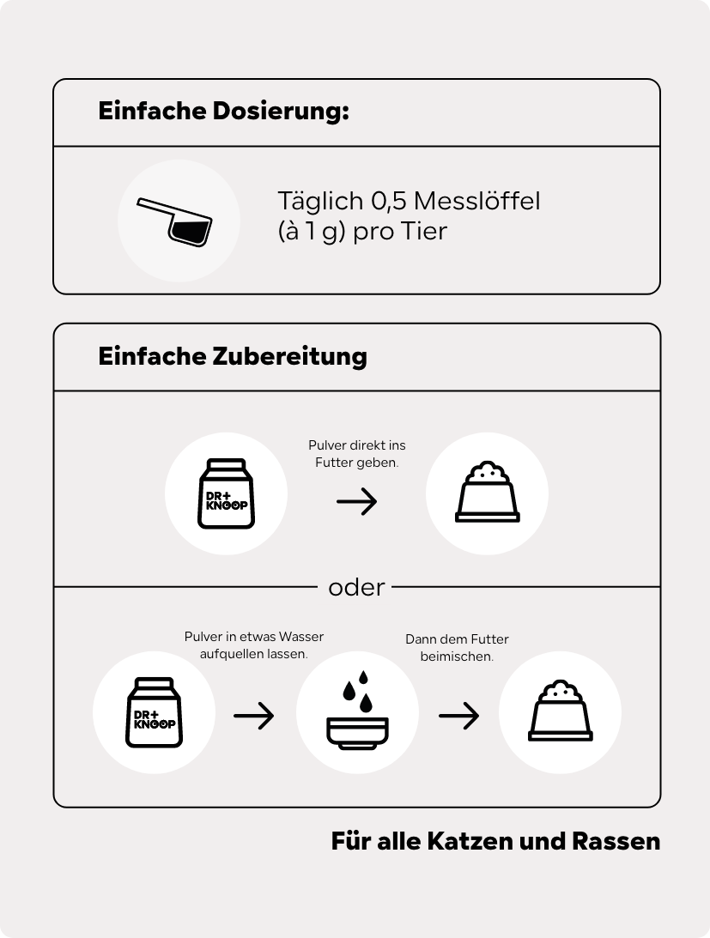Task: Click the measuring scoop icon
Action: [175, 221]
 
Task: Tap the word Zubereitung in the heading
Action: [289, 356]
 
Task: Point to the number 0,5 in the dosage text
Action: [389, 202]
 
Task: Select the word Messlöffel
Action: [477, 201]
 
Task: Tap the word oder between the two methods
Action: [356, 588]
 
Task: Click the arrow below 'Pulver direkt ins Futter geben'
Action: [357, 500]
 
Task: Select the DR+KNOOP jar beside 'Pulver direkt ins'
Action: [227, 493]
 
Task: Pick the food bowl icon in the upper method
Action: [488, 492]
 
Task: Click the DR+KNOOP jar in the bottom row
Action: [154, 712]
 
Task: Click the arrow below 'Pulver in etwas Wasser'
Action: [254, 716]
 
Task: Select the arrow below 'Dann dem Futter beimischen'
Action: [459, 716]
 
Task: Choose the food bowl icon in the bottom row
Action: [561, 711]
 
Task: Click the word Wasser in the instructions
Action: [301, 637]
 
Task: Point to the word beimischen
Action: [457, 657]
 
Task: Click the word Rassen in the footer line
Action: [616, 841]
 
